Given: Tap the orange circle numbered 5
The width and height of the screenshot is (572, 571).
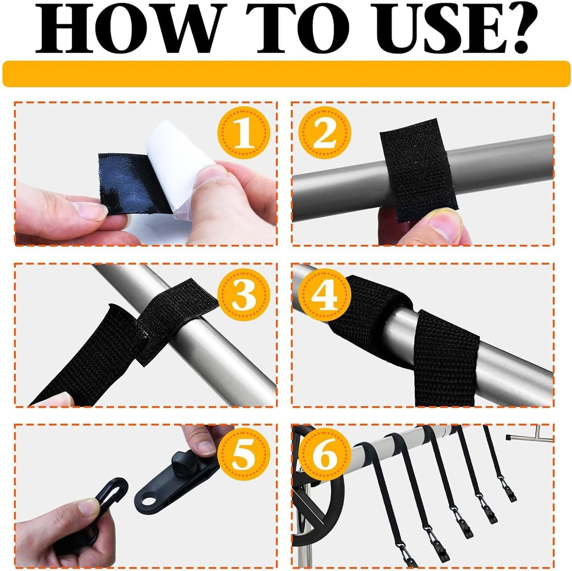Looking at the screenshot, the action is [243, 457].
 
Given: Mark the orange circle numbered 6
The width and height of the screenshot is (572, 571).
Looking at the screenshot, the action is [325, 457].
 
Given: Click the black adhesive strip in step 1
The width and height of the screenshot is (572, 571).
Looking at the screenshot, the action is [130, 183].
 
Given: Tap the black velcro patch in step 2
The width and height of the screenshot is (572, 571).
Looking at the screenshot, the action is [418, 170].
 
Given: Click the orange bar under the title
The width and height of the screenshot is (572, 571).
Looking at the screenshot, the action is [286, 73].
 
